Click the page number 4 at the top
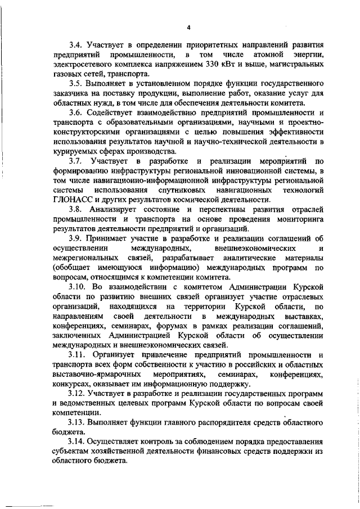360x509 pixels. tap(190, 26)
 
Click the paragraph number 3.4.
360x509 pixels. tap(75, 44)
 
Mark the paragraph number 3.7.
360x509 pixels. tap(75, 161)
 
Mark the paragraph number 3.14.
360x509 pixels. tap(78, 444)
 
